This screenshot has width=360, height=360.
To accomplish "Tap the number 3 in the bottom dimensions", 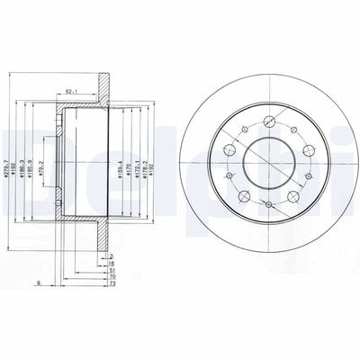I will coord(111,256).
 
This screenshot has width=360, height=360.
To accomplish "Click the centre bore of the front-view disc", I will coord(260,163).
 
